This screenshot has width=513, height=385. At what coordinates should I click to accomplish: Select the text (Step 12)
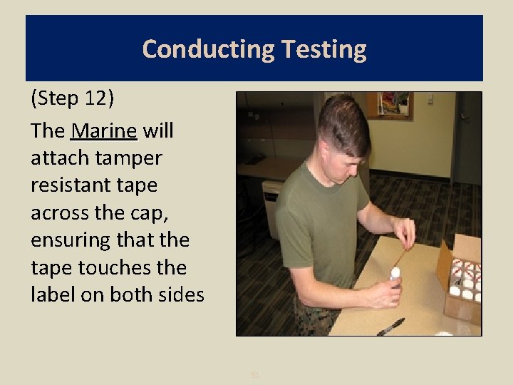pos(71,98)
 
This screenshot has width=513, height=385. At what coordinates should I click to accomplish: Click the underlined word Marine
pos(104,131)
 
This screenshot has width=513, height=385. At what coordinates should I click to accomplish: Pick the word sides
pos(182,294)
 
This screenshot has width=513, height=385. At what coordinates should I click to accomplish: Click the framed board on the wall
pos(395,104)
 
